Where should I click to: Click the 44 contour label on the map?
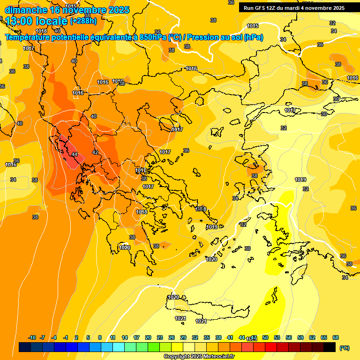pos(75,154)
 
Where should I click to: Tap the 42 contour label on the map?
pos(95,152)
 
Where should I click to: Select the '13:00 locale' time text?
pos(36,22)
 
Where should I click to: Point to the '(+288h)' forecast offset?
pos(83,21)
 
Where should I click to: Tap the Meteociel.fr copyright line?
pos(199,356)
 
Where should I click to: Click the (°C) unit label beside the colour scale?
pos(344,347)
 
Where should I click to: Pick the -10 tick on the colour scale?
pos(32,337)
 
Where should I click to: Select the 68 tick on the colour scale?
pos(336,337)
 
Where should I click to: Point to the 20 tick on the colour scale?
pos(148,337)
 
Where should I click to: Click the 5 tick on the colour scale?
pos(89,337)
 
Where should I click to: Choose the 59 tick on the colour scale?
pos(300,337)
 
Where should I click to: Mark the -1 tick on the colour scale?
pos(66,337)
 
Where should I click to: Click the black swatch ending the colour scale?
pos(330,347)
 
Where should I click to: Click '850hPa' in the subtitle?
pos(153,37)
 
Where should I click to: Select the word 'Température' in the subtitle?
pos(29,37)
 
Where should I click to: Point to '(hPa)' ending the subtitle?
pos(253,37)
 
